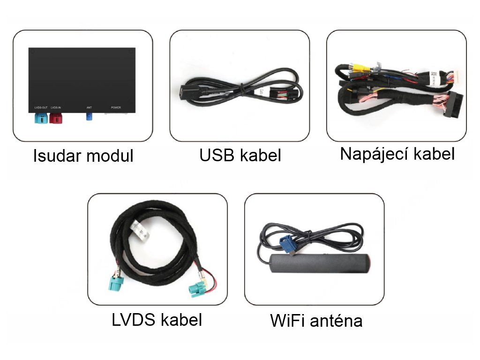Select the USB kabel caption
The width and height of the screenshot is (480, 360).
pyautogui.click(x=240, y=156)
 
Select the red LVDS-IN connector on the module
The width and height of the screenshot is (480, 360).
pyautogui.click(x=56, y=117)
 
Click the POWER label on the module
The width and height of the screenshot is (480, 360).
pyautogui.click(x=116, y=108)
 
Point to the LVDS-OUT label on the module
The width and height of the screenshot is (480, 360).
pyautogui.click(x=41, y=108)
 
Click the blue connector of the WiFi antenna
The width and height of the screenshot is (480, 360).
pyautogui.click(x=286, y=244)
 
